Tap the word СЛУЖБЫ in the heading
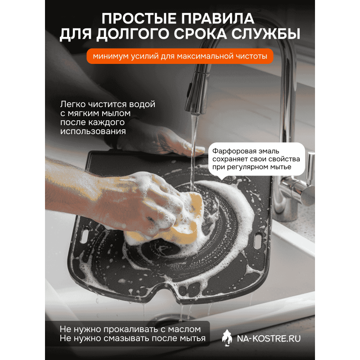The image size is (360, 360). point(265,34)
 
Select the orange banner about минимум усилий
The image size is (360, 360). point(180,56)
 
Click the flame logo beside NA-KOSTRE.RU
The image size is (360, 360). point(227,338)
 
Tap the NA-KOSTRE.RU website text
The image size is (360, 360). point(269,339)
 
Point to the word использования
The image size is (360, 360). point(93,131)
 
